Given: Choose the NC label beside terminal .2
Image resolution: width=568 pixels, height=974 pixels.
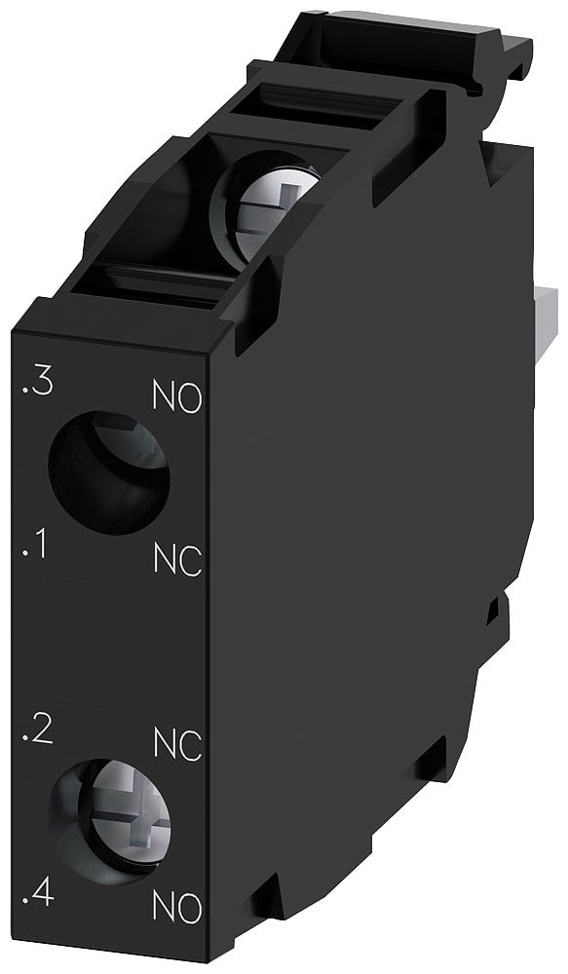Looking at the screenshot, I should coord(177,745).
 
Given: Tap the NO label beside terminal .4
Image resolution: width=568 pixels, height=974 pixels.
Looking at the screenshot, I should coord(177,908).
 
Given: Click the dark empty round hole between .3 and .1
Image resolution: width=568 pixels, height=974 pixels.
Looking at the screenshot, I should coord(108,472).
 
